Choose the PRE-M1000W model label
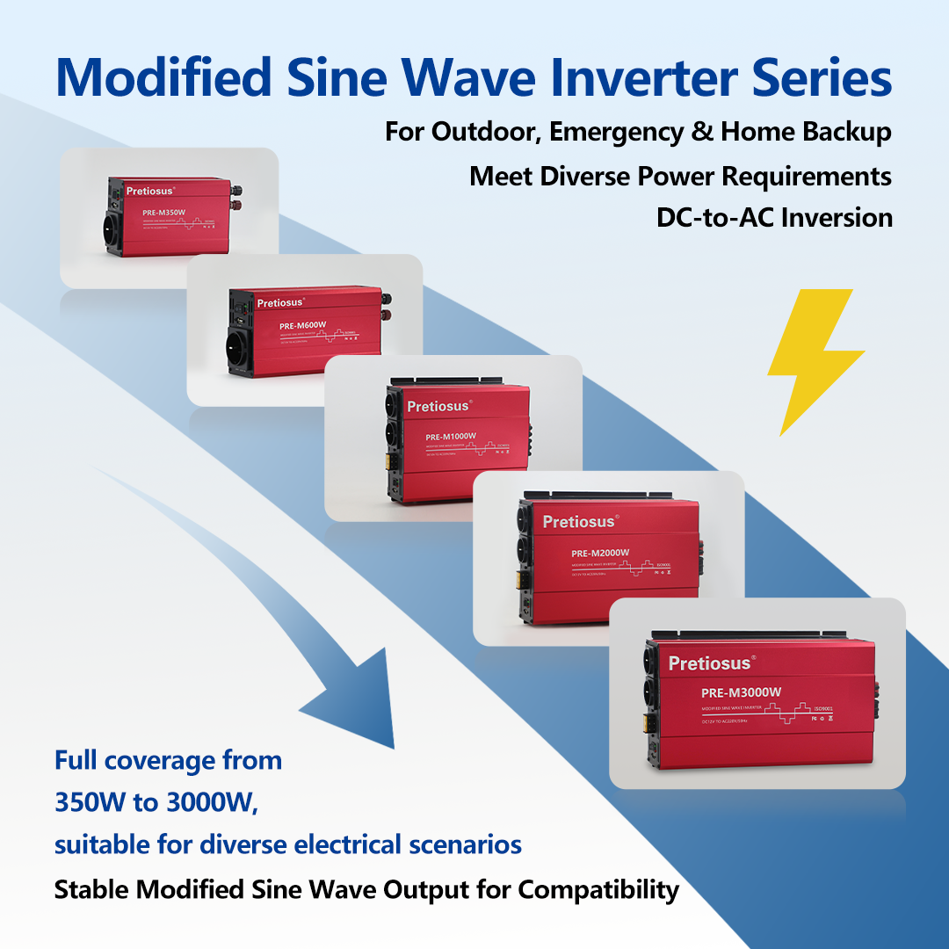[x=451, y=437]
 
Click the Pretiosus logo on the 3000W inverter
[x=710, y=663]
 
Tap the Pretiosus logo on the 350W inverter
[x=150, y=190]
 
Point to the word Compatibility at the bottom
[x=598, y=889]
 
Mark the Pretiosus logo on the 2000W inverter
[x=580, y=522]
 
